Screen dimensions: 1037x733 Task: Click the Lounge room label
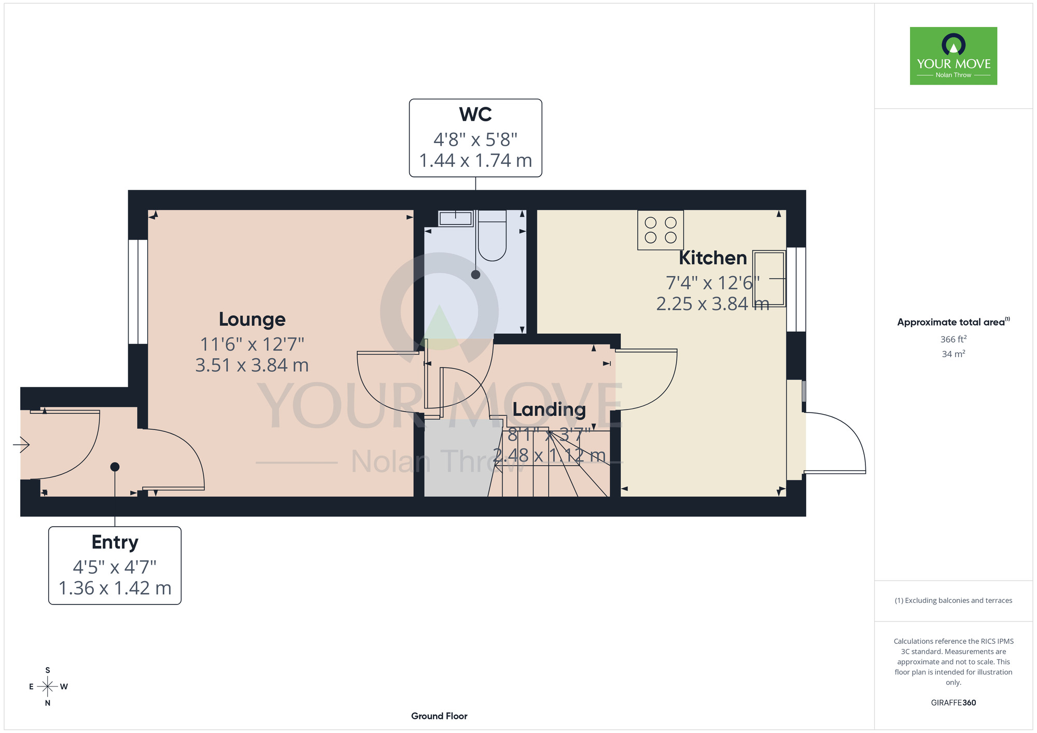[x=252, y=320]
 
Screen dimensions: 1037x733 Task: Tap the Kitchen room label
[x=713, y=258]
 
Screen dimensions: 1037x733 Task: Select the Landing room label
[x=549, y=410]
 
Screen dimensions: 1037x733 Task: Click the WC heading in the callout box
[x=475, y=114]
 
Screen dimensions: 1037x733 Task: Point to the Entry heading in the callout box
[x=115, y=542]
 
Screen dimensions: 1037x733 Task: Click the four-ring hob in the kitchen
[x=661, y=230]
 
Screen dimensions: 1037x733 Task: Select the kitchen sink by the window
[x=769, y=279]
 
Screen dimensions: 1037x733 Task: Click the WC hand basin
[x=456, y=218]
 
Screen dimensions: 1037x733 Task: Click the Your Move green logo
[x=954, y=56]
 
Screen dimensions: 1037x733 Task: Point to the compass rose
[x=48, y=687]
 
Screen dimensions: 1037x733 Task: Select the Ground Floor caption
[x=439, y=716]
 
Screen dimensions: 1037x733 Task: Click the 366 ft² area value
[x=954, y=339]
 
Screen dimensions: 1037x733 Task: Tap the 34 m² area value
[x=954, y=354]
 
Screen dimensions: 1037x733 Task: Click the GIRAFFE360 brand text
[x=954, y=703]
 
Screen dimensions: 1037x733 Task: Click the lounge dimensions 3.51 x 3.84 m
[x=252, y=365]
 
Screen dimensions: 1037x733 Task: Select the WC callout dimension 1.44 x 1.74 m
[x=475, y=161]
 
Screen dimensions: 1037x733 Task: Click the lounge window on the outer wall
[x=138, y=292]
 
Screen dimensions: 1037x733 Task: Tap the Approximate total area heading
[x=954, y=322]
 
